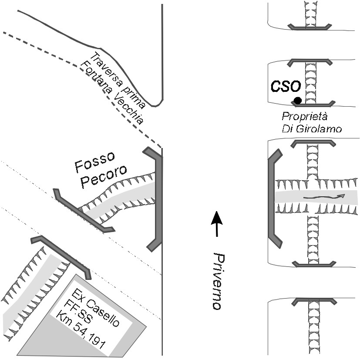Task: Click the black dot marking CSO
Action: point(298,101)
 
